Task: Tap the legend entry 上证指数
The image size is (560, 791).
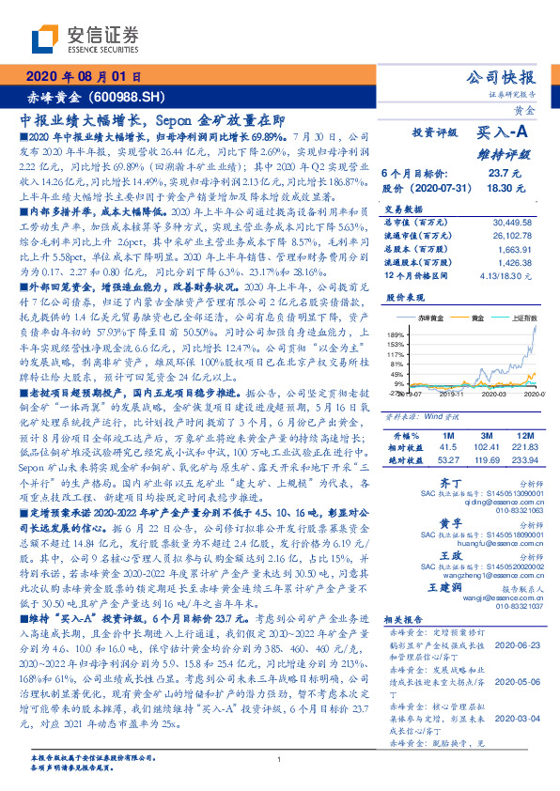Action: click(522, 319)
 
